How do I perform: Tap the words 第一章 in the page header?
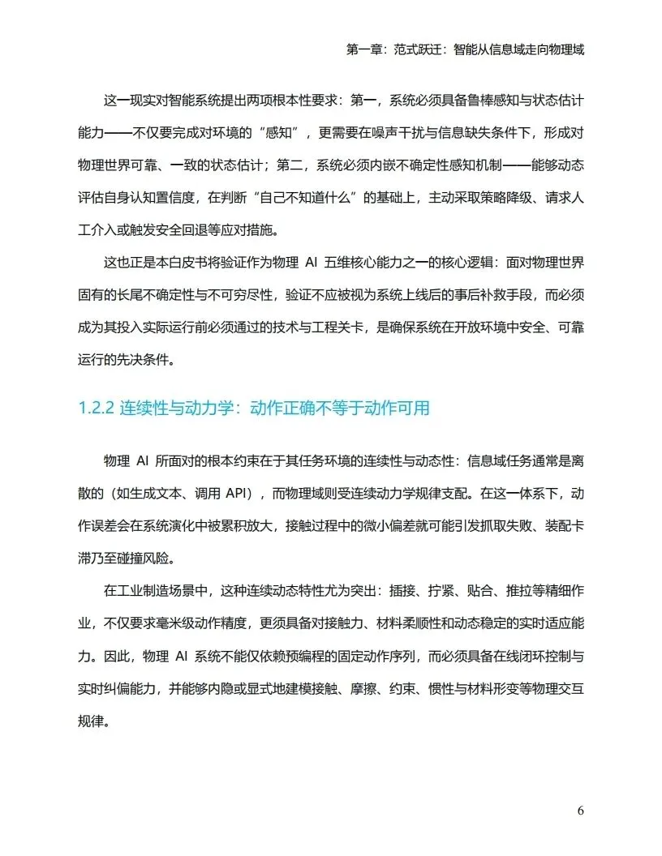[364, 49]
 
